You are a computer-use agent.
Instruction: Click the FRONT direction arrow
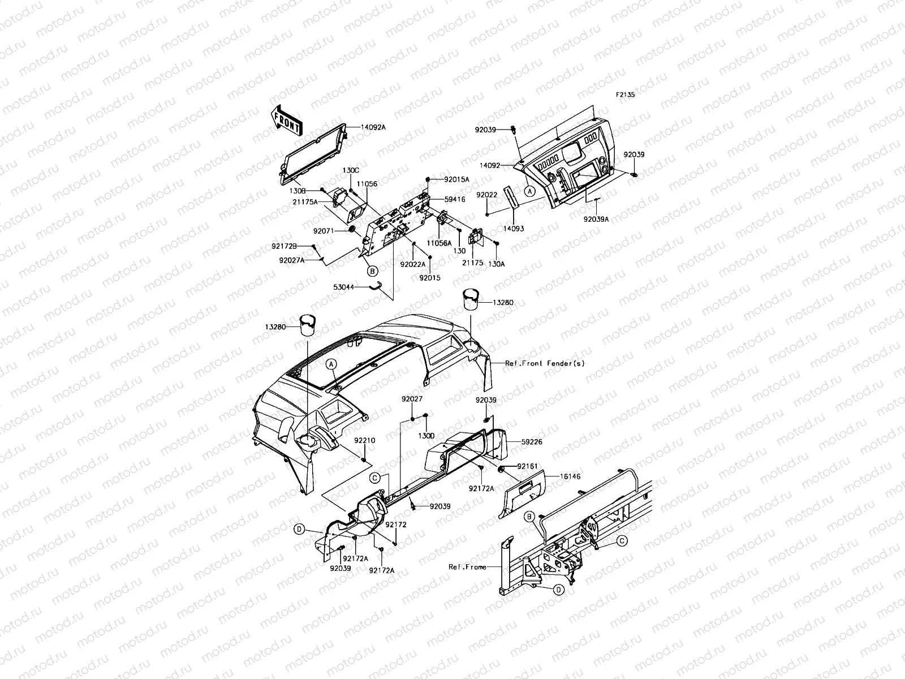pyautogui.click(x=286, y=119)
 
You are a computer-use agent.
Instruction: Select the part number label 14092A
pyautogui.click(x=373, y=127)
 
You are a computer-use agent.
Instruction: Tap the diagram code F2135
pyautogui.click(x=626, y=95)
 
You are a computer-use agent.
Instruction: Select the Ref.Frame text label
pyautogui.click(x=467, y=566)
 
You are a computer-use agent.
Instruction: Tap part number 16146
pyautogui.click(x=556, y=477)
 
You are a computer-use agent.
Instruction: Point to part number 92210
pyautogui.click(x=365, y=440)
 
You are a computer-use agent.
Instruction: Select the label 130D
pyautogui.click(x=426, y=436)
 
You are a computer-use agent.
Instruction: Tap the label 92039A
pyautogui.click(x=597, y=218)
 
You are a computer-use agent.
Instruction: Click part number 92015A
pyautogui.click(x=456, y=179)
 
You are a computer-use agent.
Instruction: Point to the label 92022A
pyautogui.click(x=412, y=264)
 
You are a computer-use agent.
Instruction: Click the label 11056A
pyautogui.click(x=439, y=243)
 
